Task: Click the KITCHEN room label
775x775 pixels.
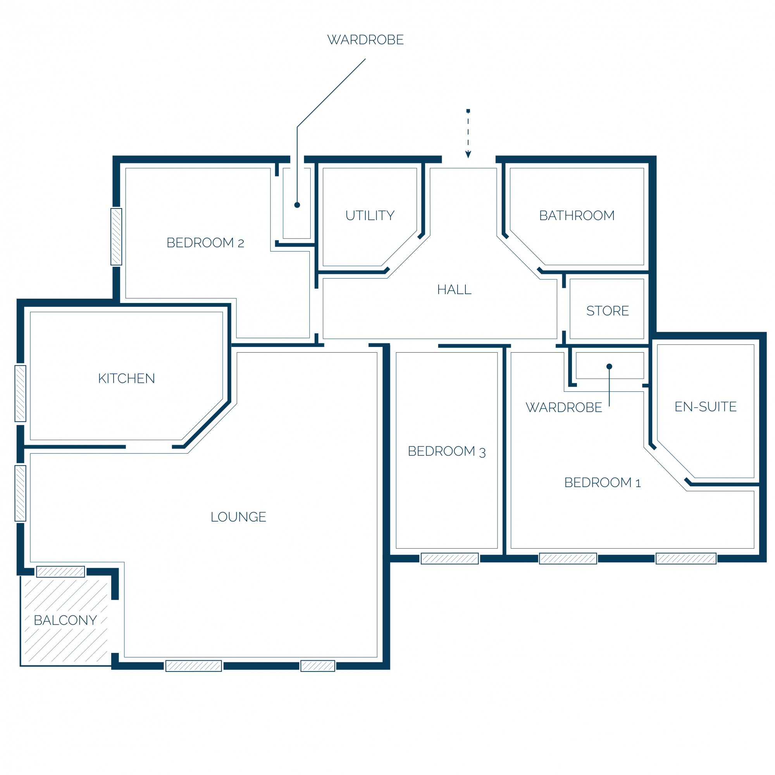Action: click(126, 378)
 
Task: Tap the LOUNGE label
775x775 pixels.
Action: click(238, 517)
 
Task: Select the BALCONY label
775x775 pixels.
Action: click(65, 620)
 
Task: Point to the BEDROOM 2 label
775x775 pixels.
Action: click(205, 243)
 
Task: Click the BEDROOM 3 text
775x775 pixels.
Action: click(447, 451)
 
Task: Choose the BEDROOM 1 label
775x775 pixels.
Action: click(603, 482)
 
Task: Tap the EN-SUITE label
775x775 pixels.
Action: click(706, 407)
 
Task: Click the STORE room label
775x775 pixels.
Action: click(608, 311)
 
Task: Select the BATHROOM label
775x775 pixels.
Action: click(577, 215)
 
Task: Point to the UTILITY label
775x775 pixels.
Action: click(370, 215)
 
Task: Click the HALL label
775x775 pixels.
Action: click(454, 289)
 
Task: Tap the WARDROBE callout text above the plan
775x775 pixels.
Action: click(365, 40)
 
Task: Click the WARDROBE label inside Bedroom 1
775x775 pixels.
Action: click(564, 408)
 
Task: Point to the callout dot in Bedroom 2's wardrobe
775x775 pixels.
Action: click(297, 205)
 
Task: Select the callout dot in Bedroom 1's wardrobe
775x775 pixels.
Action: click(609, 366)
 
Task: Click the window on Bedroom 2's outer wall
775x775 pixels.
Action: click(116, 237)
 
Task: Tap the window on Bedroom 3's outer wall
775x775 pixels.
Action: click(449, 558)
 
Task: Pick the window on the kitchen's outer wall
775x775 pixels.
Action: click(21, 394)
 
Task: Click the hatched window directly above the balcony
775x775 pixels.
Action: click(60, 572)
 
